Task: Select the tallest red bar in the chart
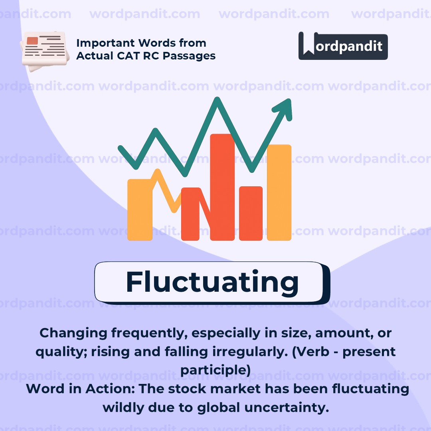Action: coord(222,188)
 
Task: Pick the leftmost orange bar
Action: coord(139,210)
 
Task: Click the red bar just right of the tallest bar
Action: coord(251,214)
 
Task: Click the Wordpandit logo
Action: coord(343,46)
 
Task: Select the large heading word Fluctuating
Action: coord(212,282)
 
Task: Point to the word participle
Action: coord(215,370)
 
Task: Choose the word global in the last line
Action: coord(217,407)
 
